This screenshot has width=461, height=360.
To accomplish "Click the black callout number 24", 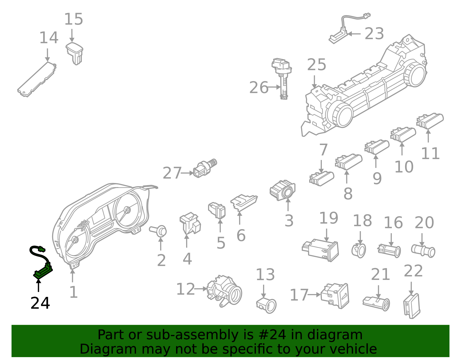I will coord(40,303).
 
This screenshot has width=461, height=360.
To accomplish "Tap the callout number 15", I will coord(73,19).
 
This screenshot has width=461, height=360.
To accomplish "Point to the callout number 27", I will coord(172,173).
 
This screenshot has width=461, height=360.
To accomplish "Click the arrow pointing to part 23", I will coord(354,34).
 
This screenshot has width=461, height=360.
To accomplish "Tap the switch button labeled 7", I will coord(322,178).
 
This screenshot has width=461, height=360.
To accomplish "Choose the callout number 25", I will coord(316,65).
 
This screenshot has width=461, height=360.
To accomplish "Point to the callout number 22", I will coord(413,271).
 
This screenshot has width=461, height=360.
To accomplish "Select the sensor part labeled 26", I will coord(283,78).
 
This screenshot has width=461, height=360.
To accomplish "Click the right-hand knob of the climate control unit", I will coord(415,74).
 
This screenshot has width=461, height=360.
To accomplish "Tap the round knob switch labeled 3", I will coord(283,190).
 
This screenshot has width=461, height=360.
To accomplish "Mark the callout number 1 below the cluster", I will coord(73,292).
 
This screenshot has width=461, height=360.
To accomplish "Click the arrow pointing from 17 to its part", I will coord(314,295).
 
